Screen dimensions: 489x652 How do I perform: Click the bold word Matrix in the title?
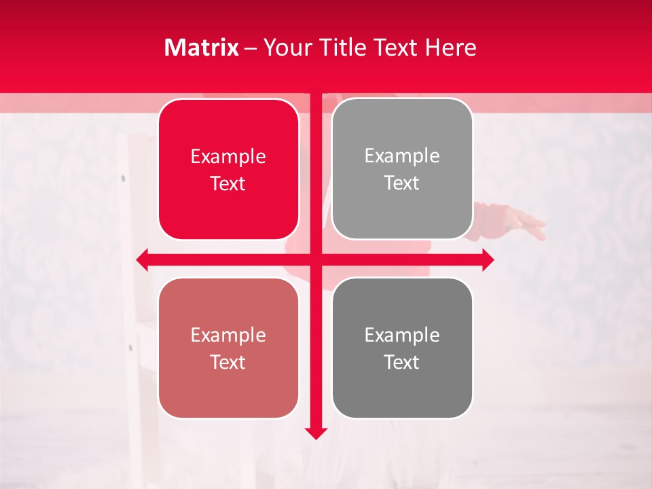pyautogui.click(x=202, y=48)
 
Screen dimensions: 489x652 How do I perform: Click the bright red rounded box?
pyautogui.click(x=228, y=170)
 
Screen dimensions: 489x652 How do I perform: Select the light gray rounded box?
pyautogui.click(x=402, y=169)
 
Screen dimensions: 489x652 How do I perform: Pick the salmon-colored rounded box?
pyautogui.click(x=228, y=348)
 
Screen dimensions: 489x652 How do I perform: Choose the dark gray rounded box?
pyautogui.click(x=402, y=348)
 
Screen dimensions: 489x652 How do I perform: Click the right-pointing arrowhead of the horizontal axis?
pyautogui.click(x=488, y=259)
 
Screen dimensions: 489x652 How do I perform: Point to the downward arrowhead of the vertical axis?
pyautogui.click(x=316, y=433)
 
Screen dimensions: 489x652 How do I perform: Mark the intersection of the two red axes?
pyautogui.click(x=316, y=259)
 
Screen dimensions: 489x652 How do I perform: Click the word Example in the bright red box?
pyautogui.click(x=228, y=157)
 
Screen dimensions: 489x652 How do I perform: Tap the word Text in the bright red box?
pyautogui.click(x=228, y=183)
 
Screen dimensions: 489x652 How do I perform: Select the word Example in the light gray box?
pyautogui.click(x=402, y=156)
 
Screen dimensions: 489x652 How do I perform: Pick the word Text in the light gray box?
pyautogui.click(x=402, y=183)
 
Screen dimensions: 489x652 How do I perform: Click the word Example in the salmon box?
pyautogui.click(x=228, y=336)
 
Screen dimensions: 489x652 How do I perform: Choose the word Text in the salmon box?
pyautogui.click(x=228, y=362)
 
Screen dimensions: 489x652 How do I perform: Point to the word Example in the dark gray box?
pyautogui.click(x=402, y=336)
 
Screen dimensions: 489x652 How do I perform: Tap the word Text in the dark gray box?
pyautogui.click(x=402, y=362)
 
